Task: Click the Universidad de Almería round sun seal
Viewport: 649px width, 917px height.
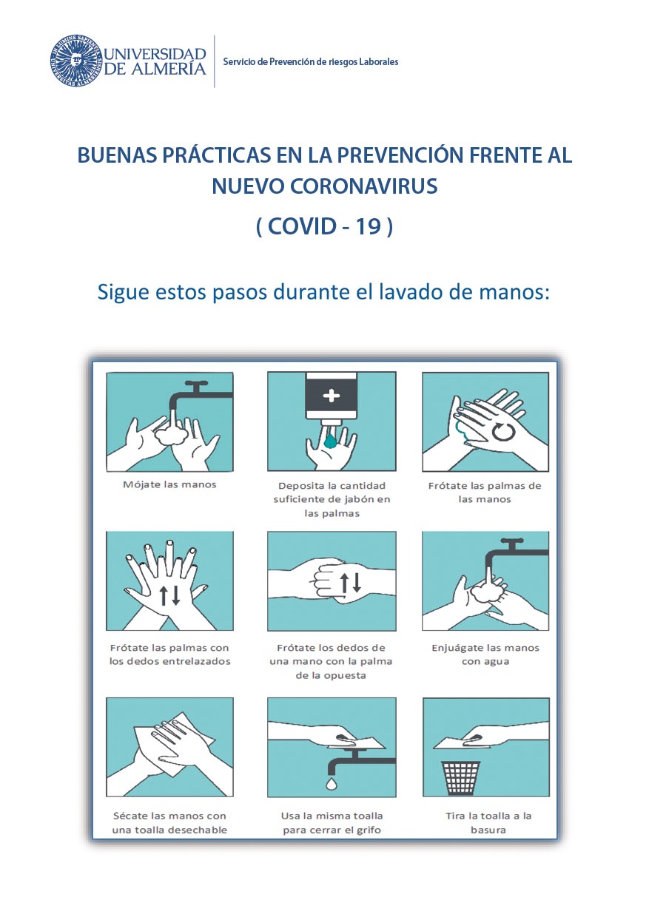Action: click(76, 61)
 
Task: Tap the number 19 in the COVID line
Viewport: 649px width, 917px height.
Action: click(369, 226)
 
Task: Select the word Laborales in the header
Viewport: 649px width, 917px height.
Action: click(379, 62)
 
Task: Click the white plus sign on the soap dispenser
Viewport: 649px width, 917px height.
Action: click(331, 396)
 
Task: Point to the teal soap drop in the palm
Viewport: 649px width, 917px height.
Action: click(330, 441)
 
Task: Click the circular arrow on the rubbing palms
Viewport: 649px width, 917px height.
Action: click(502, 431)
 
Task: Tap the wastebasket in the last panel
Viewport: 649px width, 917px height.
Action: click(460, 777)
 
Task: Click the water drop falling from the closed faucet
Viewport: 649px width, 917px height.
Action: click(332, 784)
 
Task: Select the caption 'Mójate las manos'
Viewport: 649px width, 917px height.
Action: click(169, 484)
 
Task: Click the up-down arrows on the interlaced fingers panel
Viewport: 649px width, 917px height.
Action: click(169, 595)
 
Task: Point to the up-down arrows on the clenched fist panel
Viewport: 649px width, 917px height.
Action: click(350, 583)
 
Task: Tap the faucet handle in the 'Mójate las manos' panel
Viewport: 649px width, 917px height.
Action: click(197, 384)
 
